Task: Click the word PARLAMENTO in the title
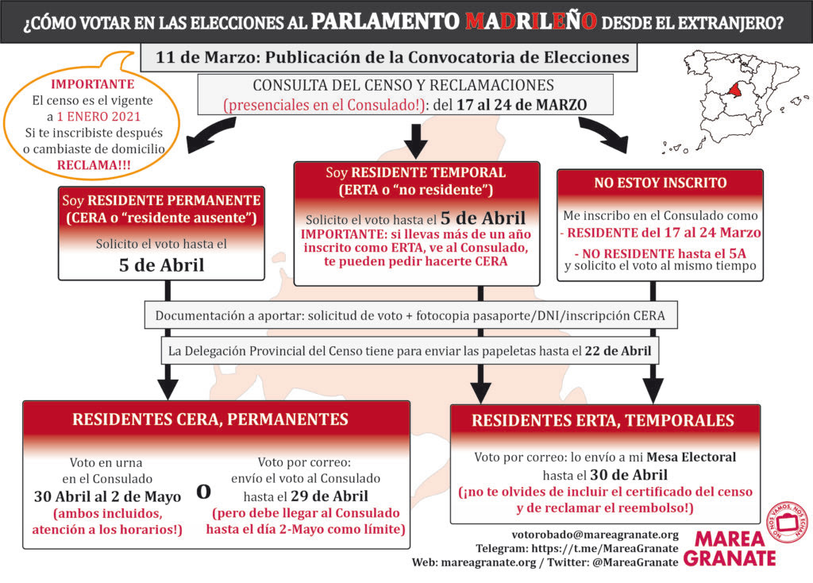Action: (x=385, y=21)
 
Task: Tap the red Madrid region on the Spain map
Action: (x=737, y=90)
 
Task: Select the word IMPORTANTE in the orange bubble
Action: (x=92, y=84)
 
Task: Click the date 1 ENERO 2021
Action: (x=98, y=116)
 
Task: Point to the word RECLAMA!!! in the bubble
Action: (x=94, y=165)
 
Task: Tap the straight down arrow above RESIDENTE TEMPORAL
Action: (x=416, y=140)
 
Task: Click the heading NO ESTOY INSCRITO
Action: (x=660, y=183)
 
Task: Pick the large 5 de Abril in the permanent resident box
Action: (x=161, y=265)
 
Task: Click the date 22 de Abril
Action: (x=618, y=351)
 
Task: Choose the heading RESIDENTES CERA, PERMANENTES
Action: (x=210, y=419)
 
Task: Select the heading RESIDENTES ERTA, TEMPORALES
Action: (x=603, y=420)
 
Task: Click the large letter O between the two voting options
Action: (x=203, y=491)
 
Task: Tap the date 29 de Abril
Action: (x=329, y=496)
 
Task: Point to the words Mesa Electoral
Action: (x=692, y=457)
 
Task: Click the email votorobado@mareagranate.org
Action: (x=595, y=535)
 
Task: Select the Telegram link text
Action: (x=577, y=548)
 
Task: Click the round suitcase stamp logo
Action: (x=788, y=522)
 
